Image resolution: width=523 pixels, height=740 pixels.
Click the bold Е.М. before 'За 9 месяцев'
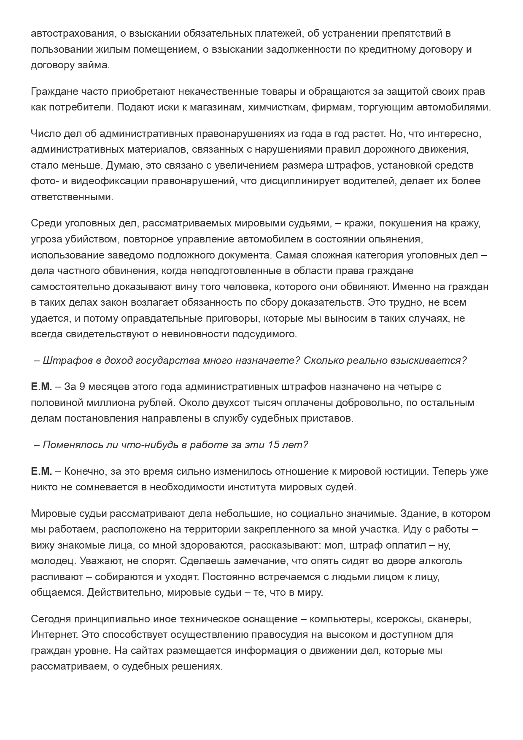click(x=41, y=387)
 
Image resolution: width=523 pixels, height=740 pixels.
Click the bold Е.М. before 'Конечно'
click(x=41, y=471)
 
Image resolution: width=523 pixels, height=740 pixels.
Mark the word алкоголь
click(x=439, y=561)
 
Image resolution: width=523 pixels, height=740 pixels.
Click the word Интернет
click(x=53, y=635)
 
